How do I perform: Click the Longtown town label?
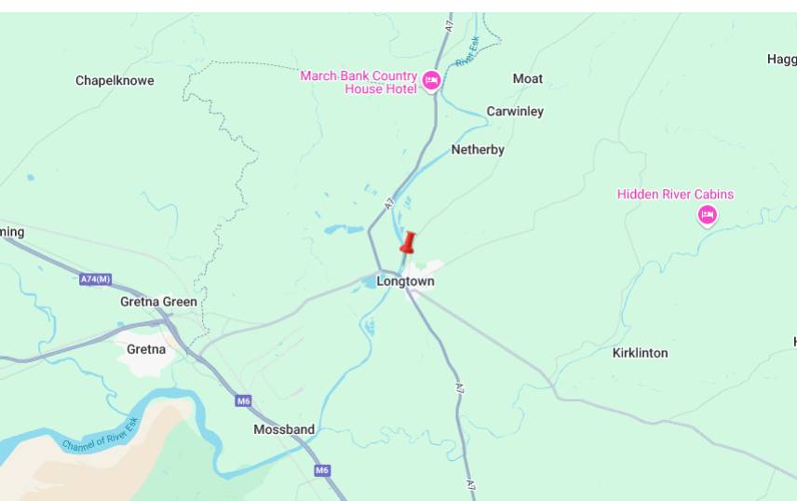(x=405, y=281)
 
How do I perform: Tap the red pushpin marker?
(x=407, y=244)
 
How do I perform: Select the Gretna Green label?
(x=158, y=302)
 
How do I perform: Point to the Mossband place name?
(x=284, y=429)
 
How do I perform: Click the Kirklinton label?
(x=640, y=353)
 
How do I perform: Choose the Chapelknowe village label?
(x=115, y=81)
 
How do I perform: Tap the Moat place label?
(x=527, y=78)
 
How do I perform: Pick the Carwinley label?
(x=515, y=112)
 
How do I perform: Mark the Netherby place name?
(x=478, y=150)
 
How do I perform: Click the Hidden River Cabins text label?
(x=675, y=195)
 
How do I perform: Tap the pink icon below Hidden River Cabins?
(x=707, y=216)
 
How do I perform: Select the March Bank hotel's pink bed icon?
(x=431, y=81)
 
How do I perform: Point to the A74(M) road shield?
(x=95, y=278)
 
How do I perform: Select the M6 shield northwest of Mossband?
(x=243, y=400)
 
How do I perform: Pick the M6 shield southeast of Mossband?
(x=322, y=470)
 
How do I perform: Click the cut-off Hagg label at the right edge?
(x=782, y=60)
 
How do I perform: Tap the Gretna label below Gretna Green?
(x=146, y=349)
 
